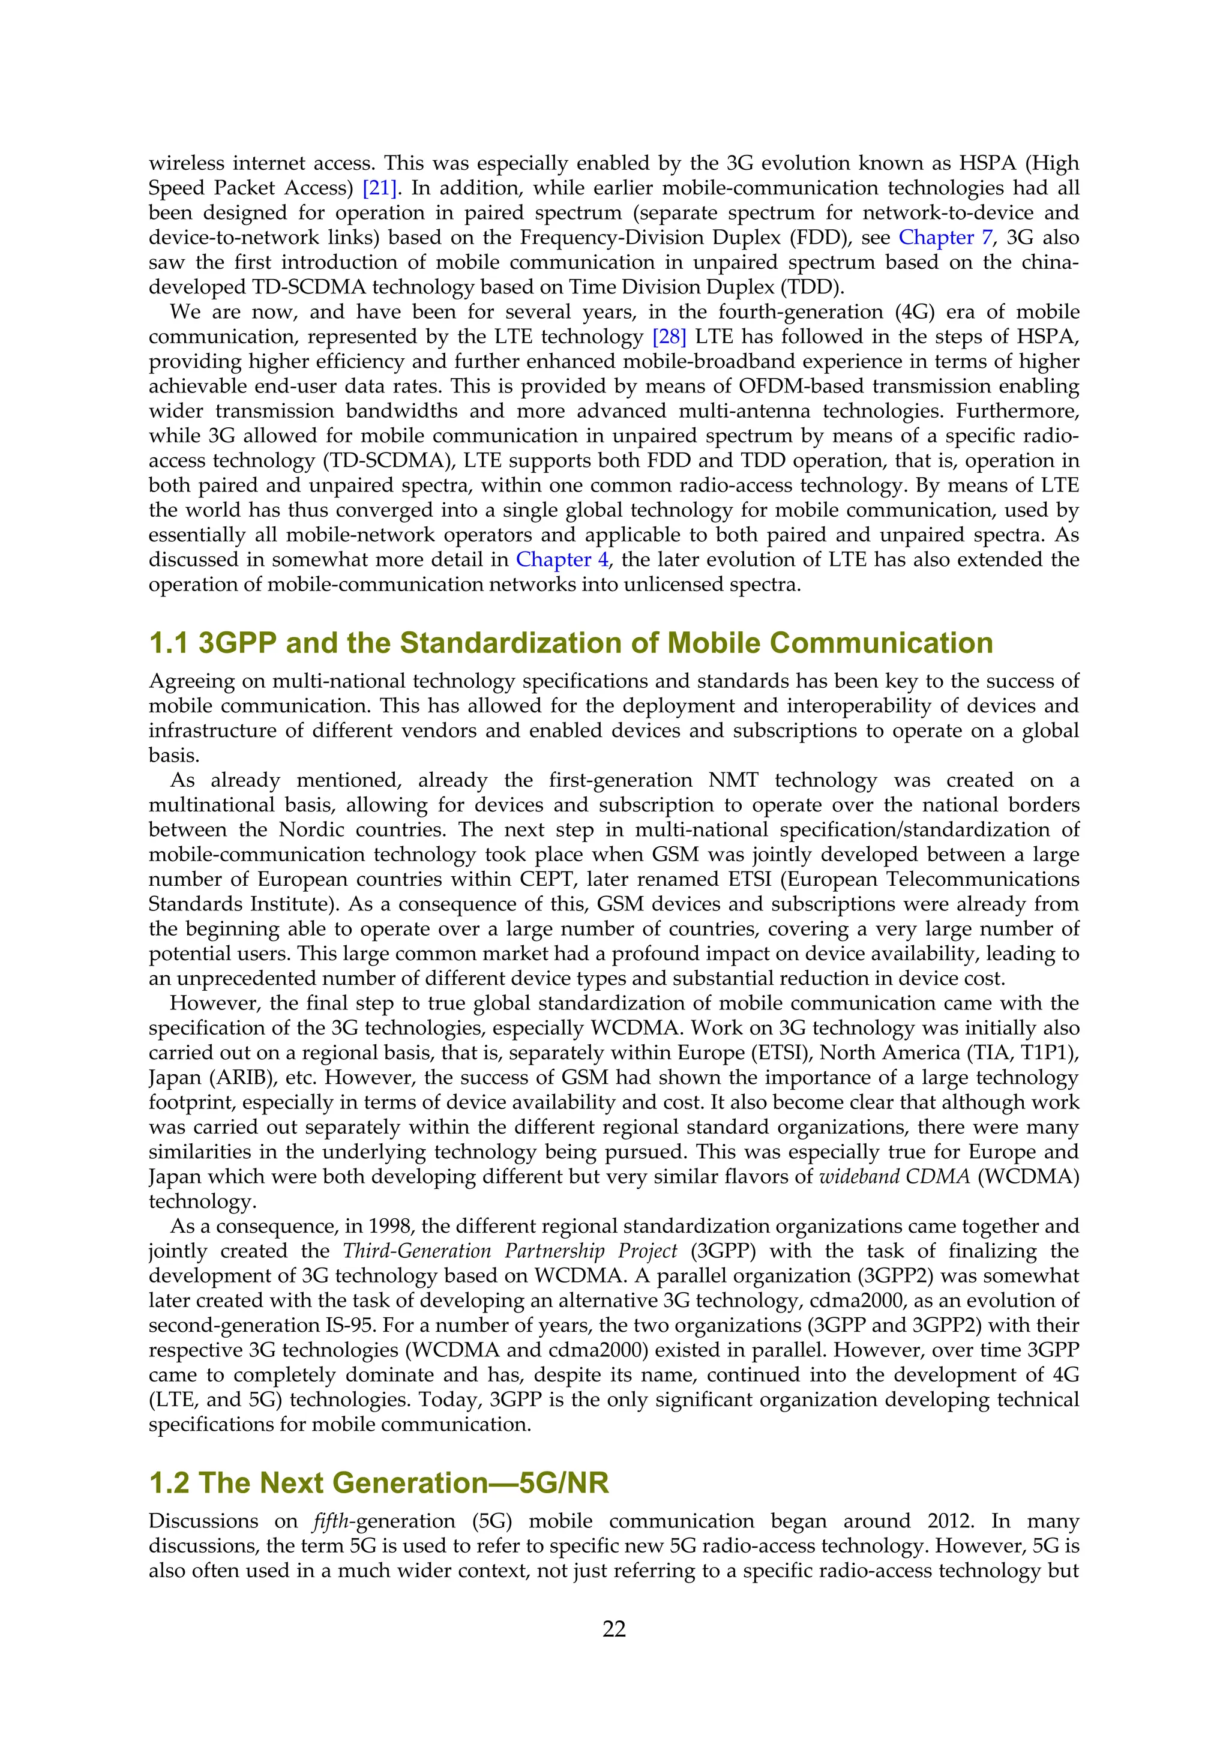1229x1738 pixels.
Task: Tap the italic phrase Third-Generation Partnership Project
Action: [x=510, y=1251]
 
